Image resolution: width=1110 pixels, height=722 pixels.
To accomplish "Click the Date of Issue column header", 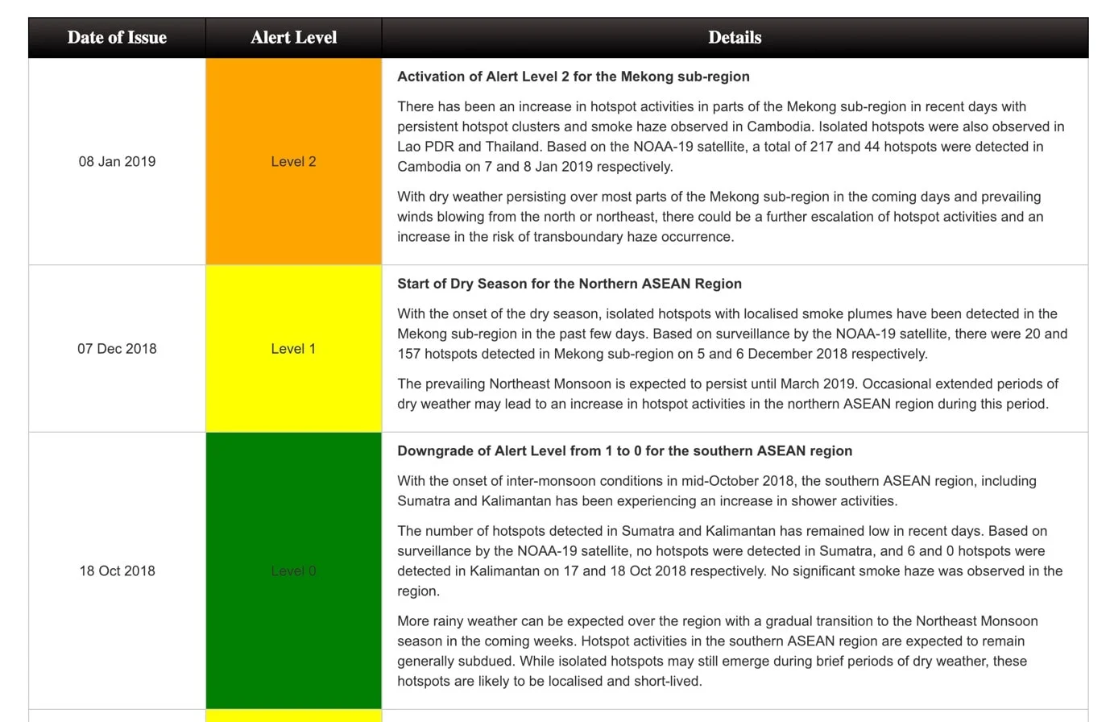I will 117,38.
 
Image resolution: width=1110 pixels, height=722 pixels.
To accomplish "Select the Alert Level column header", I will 293,38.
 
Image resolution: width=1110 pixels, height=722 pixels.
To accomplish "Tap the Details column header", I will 734,38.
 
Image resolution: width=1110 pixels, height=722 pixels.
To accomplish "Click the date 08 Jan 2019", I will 117,161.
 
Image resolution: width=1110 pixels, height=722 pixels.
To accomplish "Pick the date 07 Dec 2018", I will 117,349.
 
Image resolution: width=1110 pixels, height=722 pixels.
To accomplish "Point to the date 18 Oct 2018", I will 117,571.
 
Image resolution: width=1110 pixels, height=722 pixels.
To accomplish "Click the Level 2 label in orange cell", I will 293,161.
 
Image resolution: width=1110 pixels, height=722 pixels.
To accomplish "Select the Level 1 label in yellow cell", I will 293,349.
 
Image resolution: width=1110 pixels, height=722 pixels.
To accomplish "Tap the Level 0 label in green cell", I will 293,571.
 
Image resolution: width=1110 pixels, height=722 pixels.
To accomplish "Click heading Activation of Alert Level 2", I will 573,77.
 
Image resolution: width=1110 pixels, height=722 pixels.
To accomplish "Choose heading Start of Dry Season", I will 569,284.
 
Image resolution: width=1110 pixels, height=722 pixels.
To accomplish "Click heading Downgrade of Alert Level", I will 624,451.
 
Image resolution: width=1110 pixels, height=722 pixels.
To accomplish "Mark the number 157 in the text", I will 409,354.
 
